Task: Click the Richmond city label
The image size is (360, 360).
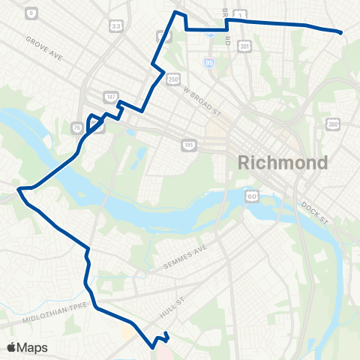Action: pyautogui.click(x=283, y=163)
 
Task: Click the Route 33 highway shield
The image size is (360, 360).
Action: pyautogui.click(x=116, y=25)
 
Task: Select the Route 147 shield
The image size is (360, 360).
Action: pyautogui.click(x=110, y=97)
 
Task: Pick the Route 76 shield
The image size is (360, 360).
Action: pyautogui.click(x=77, y=127)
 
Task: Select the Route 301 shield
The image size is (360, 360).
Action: pyautogui.click(x=244, y=46)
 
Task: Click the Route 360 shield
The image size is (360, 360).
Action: pyautogui.click(x=334, y=124)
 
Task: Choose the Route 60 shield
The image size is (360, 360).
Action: pyautogui.click(x=252, y=196)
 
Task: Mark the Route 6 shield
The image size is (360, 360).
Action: pyautogui.click(x=31, y=13)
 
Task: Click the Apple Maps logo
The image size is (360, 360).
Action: pyautogui.click(x=27, y=347)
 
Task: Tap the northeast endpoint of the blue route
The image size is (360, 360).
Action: pyautogui.click(x=341, y=32)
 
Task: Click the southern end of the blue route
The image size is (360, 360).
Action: pyautogui.click(x=153, y=346)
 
